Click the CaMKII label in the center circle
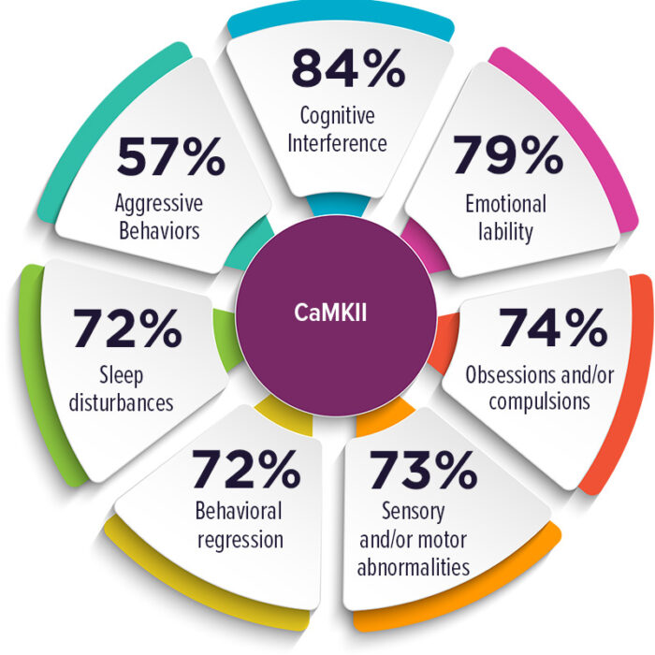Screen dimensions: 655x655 [x=330, y=313]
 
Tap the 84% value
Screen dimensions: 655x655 [x=348, y=68]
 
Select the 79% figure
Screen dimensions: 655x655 [x=508, y=154]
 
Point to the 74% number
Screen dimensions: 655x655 [x=553, y=327]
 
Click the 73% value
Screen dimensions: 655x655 [x=423, y=470]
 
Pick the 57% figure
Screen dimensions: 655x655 [x=171, y=156]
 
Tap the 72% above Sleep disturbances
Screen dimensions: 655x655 [x=127, y=327]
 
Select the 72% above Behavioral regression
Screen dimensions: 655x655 [x=246, y=469]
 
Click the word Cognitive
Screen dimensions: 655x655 [x=338, y=116]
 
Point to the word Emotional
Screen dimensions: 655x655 [x=506, y=204]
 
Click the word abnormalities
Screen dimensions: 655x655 [x=414, y=567]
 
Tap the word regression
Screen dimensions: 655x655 [x=240, y=540]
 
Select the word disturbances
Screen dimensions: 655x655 [x=121, y=402]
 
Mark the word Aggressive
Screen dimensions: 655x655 [x=159, y=204]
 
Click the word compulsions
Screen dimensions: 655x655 [x=540, y=401]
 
